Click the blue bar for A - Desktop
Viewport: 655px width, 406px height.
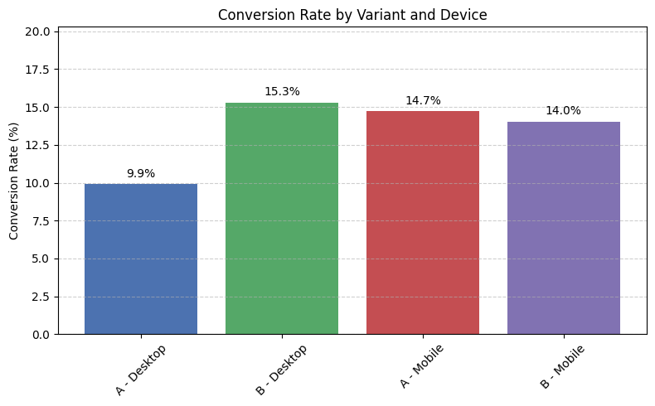141,259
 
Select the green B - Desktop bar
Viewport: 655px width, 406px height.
282,219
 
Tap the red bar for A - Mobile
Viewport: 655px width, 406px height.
423,223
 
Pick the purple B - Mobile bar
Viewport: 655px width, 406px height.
564,228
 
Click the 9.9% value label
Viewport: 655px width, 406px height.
141,174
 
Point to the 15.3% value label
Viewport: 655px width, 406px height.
282,92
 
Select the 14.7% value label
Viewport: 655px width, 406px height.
423,101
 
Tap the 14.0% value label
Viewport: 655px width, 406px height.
564,111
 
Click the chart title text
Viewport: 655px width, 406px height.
352,14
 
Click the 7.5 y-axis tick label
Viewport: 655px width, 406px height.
41,221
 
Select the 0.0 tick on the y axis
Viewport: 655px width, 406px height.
41,335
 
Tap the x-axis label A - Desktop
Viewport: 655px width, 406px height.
140,369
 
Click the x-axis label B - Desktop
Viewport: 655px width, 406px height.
281,369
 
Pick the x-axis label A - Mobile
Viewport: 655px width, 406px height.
424,366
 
